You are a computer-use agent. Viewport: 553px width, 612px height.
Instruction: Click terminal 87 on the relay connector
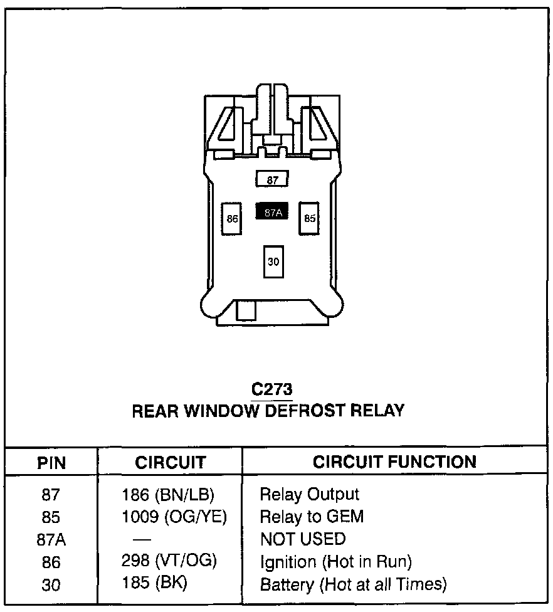[272, 179]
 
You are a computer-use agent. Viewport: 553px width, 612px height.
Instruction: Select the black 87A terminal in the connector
[272, 211]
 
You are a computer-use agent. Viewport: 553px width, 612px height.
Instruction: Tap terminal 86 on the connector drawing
[231, 219]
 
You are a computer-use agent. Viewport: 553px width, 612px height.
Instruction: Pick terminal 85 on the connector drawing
[309, 218]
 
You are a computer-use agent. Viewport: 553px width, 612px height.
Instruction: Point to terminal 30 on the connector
[273, 261]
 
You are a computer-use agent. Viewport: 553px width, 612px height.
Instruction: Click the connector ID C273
[271, 389]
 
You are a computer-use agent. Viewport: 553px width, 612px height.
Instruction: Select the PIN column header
[51, 463]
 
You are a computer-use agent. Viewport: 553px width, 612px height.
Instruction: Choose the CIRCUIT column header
[170, 463]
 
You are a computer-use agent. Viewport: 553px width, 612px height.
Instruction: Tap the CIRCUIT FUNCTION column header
[394, 462]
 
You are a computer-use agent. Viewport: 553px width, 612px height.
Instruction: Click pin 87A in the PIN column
[51, 540]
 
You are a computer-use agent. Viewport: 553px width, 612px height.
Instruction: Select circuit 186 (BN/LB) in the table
[168, 495]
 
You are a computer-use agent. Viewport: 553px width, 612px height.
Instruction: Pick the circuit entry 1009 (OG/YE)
[174, 517]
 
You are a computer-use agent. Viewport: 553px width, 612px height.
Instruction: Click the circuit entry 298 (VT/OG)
[169, 561]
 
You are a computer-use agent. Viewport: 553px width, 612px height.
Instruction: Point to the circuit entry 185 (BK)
[154, 583]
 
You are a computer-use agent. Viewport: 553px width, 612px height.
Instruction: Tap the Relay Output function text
[310, 495]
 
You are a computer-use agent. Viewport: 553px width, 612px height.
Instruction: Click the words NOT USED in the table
[303, 539]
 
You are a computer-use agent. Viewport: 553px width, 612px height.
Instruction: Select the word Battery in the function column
[287, 584]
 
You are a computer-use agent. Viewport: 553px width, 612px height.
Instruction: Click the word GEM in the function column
[345, 517]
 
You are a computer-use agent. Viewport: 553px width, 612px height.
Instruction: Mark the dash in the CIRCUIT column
[142, 540]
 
